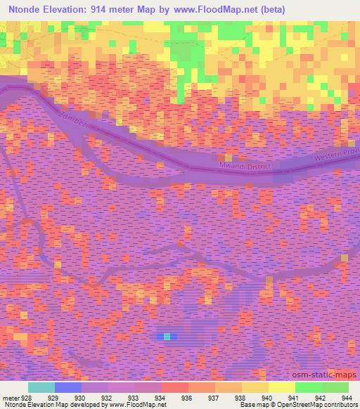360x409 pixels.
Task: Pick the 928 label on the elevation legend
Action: click(x=20, y=397)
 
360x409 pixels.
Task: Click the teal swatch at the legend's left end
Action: click(x=41, y=387)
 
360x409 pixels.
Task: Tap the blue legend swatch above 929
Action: click(x=68, y=387)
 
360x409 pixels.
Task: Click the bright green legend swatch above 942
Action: click(x=309, y=387)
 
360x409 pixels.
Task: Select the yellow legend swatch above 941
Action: click(x=282, y=387)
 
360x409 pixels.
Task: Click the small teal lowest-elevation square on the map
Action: click(x=167, y=336)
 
